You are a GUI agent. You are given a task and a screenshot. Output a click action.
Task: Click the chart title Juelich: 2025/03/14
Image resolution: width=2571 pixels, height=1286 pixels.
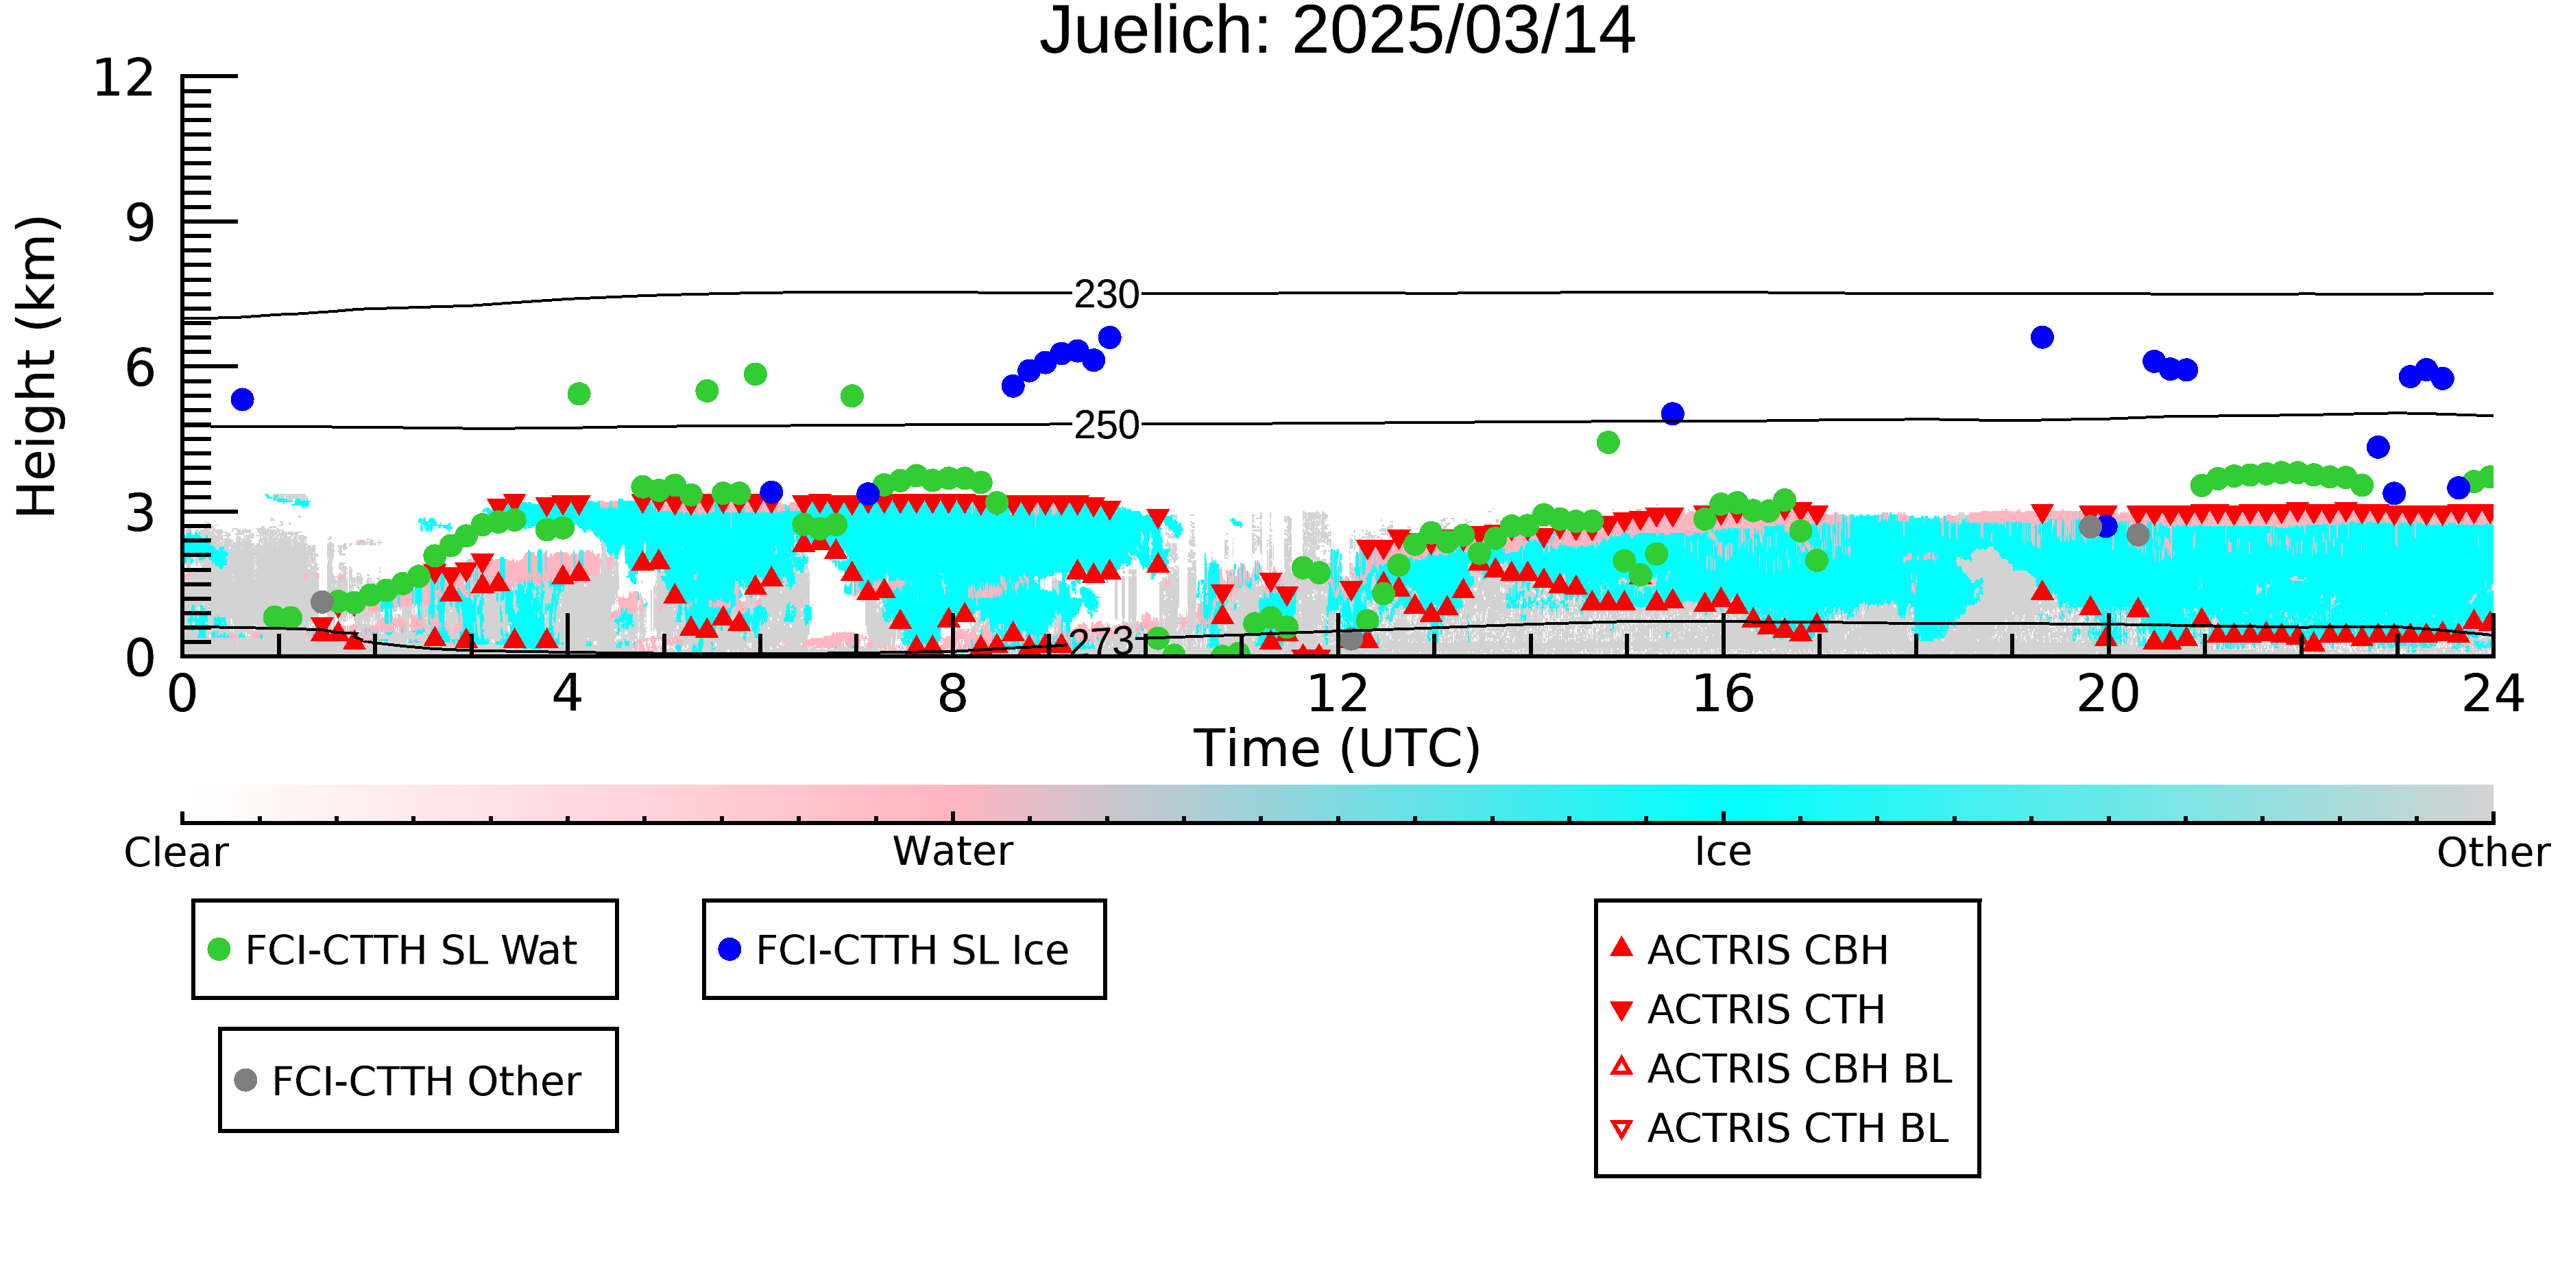(x=1338, y=32)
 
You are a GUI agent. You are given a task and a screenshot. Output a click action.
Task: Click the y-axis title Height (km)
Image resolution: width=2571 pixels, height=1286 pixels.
(x=38, y=366)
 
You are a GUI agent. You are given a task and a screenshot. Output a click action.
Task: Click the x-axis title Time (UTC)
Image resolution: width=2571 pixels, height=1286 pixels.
(x=1338, y=749)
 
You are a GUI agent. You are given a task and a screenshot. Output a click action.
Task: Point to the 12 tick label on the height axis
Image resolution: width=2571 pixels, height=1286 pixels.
(x=124, y=78)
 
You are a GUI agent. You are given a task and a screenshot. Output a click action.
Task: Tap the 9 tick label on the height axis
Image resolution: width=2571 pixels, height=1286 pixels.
(x=141, y=223)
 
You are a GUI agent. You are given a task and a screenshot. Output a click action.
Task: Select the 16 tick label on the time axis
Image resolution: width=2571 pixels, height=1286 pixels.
(x=1723, y=694)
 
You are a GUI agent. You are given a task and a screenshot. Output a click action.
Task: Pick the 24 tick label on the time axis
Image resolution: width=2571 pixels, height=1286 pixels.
(x=2493, y=694)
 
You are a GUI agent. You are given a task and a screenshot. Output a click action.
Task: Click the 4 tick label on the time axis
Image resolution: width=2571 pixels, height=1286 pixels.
(x=568, y=694)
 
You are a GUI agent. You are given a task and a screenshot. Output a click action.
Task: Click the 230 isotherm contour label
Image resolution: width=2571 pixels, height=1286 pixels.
(x=1107, y=294)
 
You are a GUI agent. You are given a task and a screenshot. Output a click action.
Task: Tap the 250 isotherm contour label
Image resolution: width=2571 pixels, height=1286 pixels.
(x=1107, y=425)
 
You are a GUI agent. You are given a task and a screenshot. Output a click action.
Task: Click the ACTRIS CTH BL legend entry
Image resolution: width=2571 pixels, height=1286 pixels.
(x=1781, y=1129)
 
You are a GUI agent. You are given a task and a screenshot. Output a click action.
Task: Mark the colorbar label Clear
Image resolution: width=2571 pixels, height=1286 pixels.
(x=177, y=853)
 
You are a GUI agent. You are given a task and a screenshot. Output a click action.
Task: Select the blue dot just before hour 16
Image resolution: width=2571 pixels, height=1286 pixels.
(x=1673, y=414)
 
